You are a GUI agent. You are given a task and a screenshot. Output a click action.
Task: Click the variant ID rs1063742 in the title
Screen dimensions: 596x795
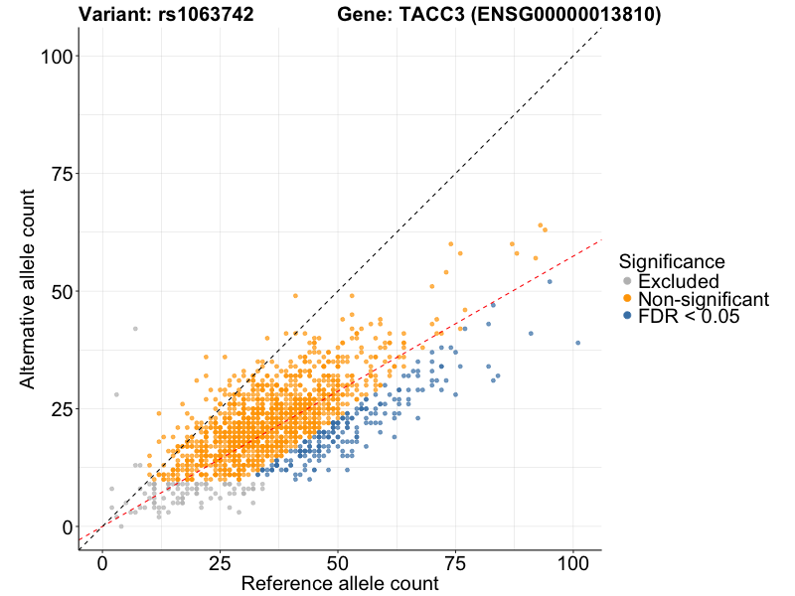tap(206, 15)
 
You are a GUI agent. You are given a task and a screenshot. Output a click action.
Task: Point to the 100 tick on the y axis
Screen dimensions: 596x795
tap(60, 57)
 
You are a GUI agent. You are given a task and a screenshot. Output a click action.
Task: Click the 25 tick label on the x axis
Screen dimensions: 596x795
tap(220, 563)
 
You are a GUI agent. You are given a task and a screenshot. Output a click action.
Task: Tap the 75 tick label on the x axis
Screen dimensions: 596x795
tap(455, 563)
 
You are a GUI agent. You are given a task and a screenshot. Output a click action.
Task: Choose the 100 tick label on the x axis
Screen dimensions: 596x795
tap(572, 563)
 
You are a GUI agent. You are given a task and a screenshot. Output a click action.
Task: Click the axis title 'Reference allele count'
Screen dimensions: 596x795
tap(340, 584)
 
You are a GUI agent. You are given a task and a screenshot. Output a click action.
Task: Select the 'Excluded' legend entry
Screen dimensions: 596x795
tap(679, 281)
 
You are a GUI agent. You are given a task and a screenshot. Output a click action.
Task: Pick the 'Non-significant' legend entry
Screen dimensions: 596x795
tap(704, 299)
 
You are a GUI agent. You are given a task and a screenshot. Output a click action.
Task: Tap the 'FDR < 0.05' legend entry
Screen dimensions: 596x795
tap(689, 316)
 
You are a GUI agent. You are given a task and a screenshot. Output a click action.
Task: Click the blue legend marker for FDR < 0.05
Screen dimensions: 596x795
tap(626, 316)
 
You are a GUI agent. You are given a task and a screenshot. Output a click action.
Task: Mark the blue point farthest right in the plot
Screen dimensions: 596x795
tap(577, 343)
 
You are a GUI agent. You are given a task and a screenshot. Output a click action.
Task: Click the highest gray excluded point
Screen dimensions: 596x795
tap(135, 329)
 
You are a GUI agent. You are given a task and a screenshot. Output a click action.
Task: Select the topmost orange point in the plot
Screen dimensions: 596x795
tap(541, 225)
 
